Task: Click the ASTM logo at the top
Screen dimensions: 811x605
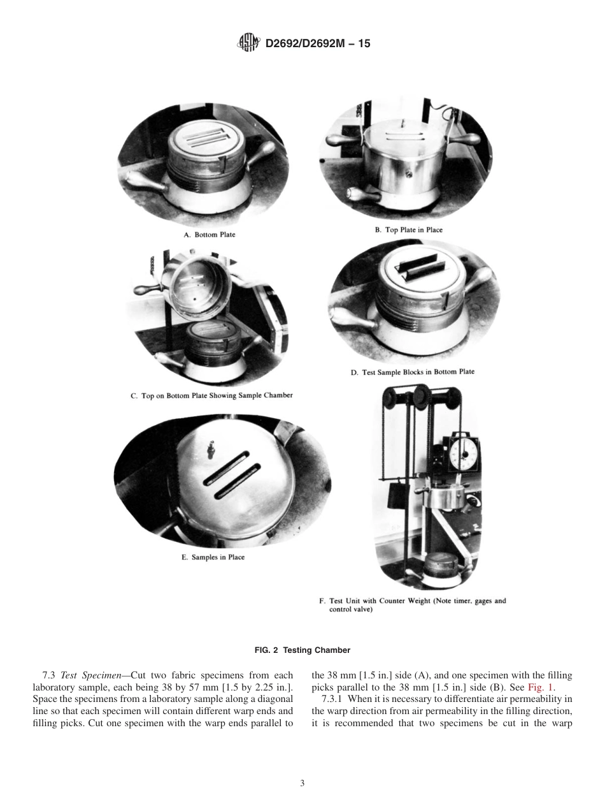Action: (x=248, y=43)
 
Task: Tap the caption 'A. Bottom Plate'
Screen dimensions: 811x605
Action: (x=209, y=235)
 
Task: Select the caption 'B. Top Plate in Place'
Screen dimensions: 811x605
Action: (x=408, y=230)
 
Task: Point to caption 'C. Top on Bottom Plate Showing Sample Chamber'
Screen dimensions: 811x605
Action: (x=212, y=395)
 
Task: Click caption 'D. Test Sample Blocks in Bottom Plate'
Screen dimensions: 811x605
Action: (x=412, y=372)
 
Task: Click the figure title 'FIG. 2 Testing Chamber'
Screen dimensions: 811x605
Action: (x=302, y=650)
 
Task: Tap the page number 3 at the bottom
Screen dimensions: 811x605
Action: (x=302, y=783)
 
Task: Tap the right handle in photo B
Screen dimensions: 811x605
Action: (x=466, y=138)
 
